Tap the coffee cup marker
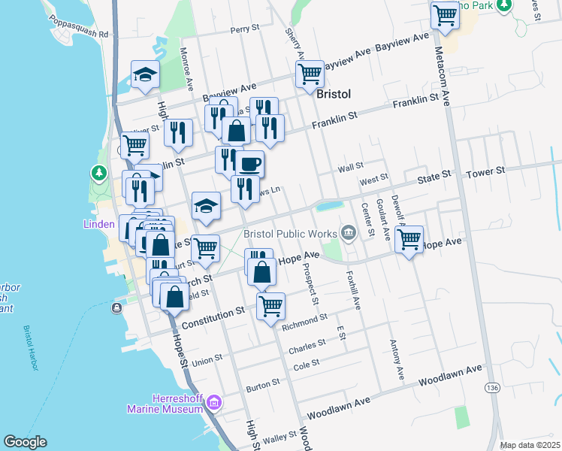250,162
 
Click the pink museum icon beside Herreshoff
214,404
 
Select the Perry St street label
244,29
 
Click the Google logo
25,442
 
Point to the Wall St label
350,166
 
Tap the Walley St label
280,437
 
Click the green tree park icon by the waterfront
98,174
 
